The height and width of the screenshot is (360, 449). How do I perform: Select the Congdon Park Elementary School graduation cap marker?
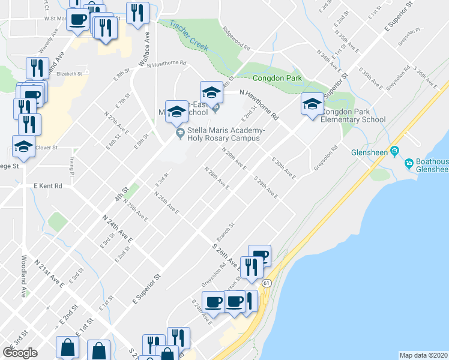tap(312, 104)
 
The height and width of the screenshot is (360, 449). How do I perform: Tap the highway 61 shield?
tap(267, 282)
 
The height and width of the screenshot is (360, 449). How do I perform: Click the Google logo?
tap(20, 353)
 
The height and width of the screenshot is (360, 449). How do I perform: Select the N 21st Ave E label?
tap(49, 273)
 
